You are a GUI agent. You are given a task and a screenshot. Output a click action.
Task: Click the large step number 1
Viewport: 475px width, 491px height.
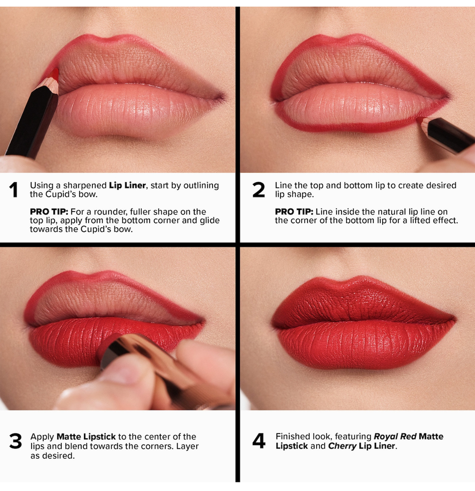(x=13, y=190)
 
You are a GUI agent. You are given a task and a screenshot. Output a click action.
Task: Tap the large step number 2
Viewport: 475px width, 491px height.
(x=259, y=190)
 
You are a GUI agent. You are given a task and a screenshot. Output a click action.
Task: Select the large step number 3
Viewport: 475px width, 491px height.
(x=15, y=441)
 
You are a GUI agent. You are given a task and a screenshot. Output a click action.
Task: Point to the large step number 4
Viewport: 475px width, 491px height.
(x=259, y=441)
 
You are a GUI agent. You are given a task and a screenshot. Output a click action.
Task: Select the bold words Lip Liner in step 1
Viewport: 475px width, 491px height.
(x=127, y=186)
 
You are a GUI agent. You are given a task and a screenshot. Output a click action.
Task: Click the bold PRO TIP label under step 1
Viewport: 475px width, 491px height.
(x=49, y=211)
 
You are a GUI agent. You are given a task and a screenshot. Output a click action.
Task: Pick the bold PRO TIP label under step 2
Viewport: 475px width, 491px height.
(x=294, y=211)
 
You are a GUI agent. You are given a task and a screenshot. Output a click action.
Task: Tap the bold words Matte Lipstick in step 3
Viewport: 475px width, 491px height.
(x=86, y=436)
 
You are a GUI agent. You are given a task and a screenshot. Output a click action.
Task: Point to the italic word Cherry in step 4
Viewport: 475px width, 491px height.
(x=342, y=445)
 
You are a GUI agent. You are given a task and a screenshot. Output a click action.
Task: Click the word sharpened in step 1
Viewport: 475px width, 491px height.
(x=85, y=186)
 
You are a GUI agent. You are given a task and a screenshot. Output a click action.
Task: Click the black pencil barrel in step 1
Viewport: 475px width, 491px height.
(x=31, y=123)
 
